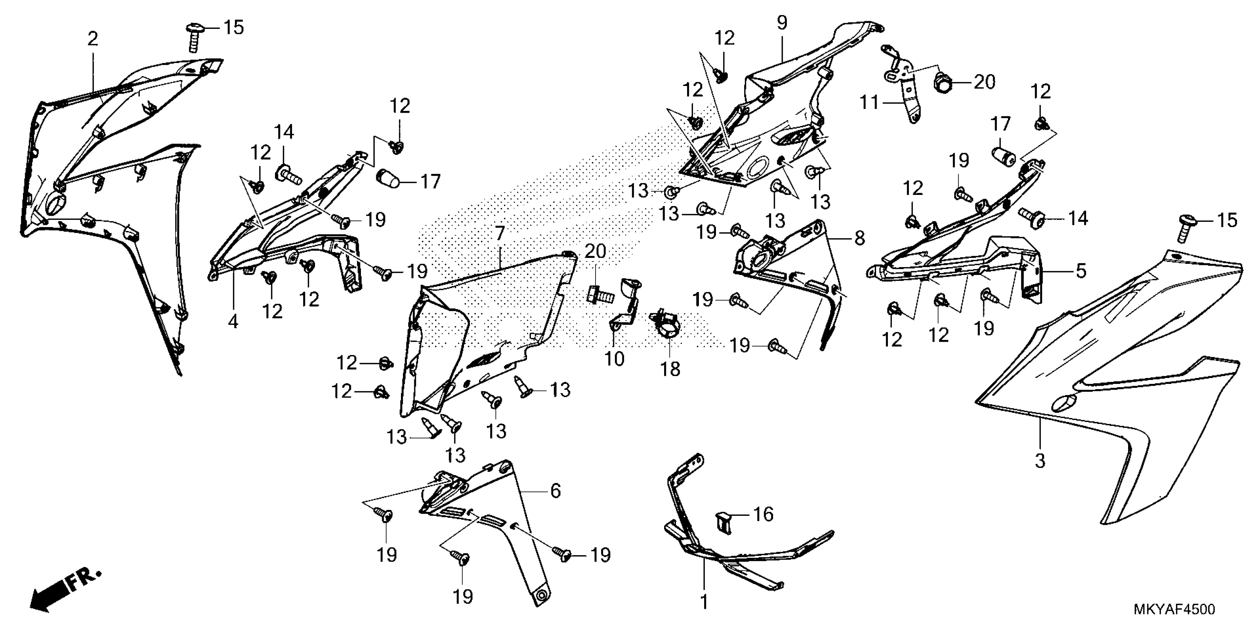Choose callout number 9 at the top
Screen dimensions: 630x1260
(x=782, y=23)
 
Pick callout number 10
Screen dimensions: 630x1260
(x=614, y=359)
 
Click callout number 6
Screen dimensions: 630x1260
(x=555, y=491)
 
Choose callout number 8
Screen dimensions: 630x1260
(x=859, y=238)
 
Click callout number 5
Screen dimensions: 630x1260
(x=1081, y=271)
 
